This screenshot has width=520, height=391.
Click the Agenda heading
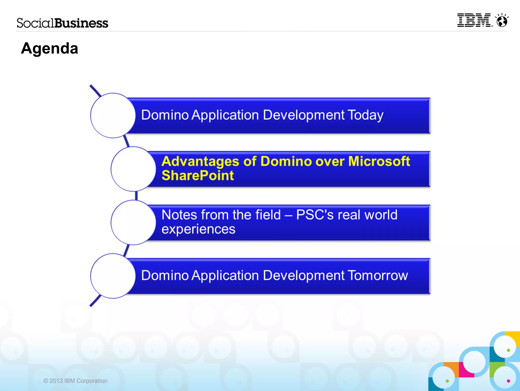pos(50,48)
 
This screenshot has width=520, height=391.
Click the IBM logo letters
pos(474,20)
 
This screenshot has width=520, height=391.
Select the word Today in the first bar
pos(365,115)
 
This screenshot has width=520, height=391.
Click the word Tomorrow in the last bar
pos(378,276)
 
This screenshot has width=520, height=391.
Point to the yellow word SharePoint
pos(198,176)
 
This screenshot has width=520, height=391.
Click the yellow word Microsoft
pos(379,161)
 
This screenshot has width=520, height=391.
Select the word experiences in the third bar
pos(198,229)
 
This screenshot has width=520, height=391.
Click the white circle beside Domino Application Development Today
pos(113,115)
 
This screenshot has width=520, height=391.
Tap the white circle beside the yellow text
pos(133,169)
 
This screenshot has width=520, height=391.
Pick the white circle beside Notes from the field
pos(133,222)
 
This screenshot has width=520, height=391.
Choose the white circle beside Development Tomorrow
pos(113,276)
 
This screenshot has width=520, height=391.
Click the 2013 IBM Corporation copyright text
pos(75,381)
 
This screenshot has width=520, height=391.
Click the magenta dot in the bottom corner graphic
pos(508,381)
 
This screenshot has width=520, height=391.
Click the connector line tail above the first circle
pos(95,90)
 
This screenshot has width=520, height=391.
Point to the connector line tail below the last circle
pos(95,301)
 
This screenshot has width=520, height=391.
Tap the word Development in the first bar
pos(304,115)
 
